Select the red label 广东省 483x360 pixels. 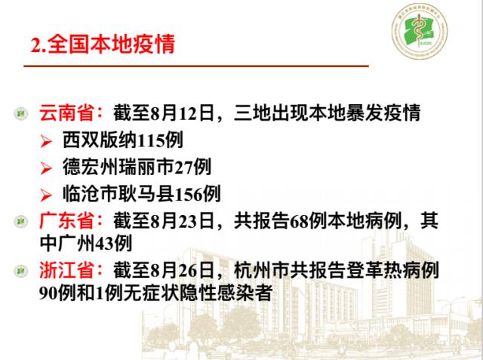pyautogui.click(x=71, y=222)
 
